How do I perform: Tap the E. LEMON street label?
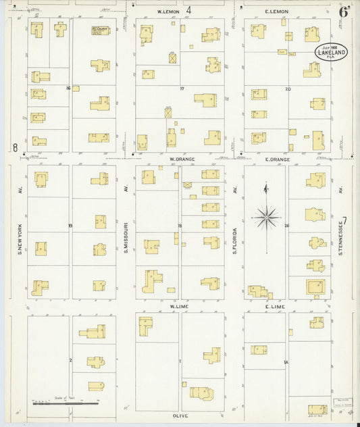coord(276,12)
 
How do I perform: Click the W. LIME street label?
coord(178,307)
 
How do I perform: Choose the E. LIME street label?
coord(276,307)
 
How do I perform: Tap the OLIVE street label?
coord(180,416)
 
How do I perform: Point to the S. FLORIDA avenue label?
coord(234,239)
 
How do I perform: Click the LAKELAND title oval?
coord(331,53)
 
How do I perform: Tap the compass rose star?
coord(266,218)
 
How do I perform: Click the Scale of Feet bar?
coord(65,404)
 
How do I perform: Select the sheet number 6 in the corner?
coord(344,11)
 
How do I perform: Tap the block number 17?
coord(181,89)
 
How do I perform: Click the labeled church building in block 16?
coord(101,30)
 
